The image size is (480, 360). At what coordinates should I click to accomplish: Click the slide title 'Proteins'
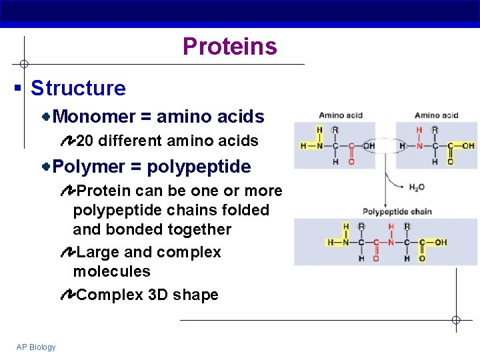click(229, 47)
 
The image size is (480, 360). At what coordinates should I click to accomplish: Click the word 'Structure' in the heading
click(78, 88)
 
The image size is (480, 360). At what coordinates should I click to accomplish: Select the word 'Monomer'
click(94, 117)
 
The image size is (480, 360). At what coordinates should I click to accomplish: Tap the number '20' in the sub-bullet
click(85, 141)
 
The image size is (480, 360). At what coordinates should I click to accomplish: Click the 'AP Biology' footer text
click(37, 347)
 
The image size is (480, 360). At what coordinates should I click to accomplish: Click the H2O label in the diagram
click(416, 188)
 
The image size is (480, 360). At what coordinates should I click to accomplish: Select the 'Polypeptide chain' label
click(397, 211)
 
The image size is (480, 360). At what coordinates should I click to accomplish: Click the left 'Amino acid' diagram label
click(340, 115)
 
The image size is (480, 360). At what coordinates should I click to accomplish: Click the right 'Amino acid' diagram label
click(436, 115)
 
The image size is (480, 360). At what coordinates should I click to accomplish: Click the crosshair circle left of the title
click(23, 65)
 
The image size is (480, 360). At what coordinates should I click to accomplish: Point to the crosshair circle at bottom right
click(456, 320)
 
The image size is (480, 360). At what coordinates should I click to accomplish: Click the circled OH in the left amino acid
click(367, 146)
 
